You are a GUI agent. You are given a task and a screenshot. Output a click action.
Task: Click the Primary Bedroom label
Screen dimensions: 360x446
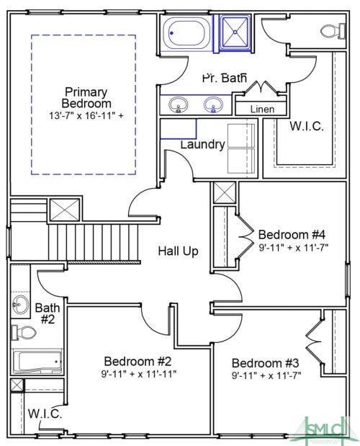tap(86, 97)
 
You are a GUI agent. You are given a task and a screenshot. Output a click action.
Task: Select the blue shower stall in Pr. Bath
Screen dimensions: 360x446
tap(235, 33)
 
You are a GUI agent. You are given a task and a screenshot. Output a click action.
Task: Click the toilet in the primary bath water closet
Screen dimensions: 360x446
tap(333, 30)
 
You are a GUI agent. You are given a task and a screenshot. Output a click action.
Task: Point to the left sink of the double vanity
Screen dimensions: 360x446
tap(178, 104)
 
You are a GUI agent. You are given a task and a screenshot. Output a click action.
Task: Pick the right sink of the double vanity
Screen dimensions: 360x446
tap(213, 104)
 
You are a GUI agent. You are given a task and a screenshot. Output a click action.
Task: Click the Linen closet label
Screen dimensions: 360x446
tap(262, 110)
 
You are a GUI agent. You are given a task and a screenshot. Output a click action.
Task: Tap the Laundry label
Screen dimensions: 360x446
tap(202, 145)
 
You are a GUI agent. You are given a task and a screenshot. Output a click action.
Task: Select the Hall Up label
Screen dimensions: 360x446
tap(178, 251)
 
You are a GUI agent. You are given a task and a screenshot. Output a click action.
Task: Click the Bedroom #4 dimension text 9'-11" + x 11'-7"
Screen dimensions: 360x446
tap(294, 248)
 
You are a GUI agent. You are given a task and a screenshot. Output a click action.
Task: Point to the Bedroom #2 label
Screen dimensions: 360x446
tap(138, 362)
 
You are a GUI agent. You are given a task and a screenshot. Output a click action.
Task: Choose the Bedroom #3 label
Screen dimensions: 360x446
tap(266, 363)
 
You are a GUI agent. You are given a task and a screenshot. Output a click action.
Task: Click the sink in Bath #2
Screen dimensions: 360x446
tap(20, 304)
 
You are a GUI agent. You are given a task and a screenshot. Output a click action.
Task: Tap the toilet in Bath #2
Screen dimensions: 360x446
tap(24, 332)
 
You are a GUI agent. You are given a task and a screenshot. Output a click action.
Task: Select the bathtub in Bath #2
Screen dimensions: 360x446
tap(37, 362)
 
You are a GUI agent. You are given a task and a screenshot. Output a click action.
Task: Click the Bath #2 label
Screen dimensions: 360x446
tap(48, 313)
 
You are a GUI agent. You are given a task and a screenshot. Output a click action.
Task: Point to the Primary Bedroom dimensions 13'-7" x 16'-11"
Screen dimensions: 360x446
tap(86, 116)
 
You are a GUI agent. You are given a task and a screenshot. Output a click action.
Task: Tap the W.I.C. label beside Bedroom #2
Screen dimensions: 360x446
tap(45, 414)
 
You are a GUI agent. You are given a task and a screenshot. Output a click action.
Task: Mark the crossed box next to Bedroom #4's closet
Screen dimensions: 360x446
tap(225, 192)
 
